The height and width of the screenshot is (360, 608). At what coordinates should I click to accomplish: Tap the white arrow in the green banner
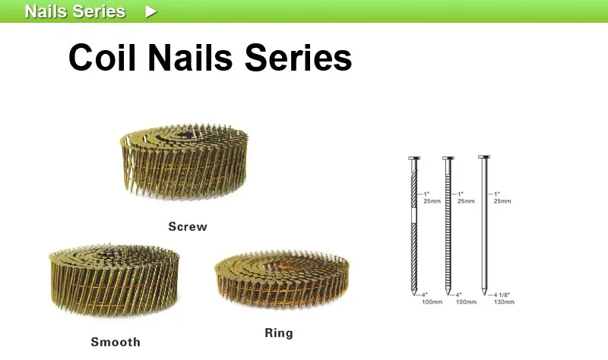[x=151, y=11]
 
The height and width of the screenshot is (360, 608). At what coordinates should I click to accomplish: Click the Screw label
[x=187, y=226]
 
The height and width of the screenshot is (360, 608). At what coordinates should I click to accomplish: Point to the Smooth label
[x=116, y=342]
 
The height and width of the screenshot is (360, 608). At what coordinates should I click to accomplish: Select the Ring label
[x=278, y=333]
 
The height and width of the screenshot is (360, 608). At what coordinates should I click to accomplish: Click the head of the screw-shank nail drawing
[x=413, y=158]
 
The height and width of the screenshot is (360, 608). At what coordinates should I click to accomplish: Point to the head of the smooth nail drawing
[x=482, y=157]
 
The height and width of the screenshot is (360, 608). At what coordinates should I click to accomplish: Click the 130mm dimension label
[x=504, y=302]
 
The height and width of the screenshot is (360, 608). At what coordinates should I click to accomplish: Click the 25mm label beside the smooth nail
[x=502, y=201]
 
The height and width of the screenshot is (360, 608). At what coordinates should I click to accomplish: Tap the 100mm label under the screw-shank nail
[x=431, y=302]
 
